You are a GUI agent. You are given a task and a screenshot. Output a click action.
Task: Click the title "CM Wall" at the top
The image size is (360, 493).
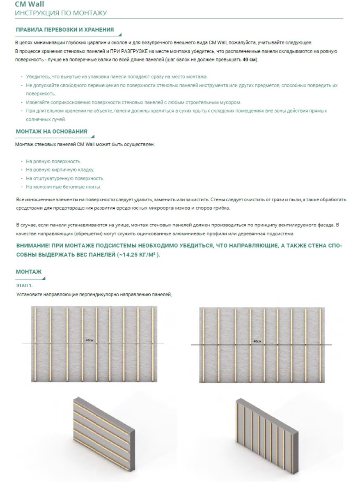(x=30, y=5)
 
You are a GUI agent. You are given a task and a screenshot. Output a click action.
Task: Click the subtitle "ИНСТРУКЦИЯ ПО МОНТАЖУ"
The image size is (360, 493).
(x=61, y=13)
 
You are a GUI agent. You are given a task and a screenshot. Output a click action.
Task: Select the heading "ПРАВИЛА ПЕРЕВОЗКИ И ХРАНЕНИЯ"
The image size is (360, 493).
(x=65, y=30)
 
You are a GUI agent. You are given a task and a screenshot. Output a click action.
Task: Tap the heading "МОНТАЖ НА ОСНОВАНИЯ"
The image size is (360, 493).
(x=51, y=131)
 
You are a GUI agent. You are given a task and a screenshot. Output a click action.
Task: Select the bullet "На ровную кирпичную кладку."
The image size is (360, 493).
(x=60, y=170)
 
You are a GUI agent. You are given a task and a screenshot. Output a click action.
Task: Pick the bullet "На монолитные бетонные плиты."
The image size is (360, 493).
(x=63, y=187)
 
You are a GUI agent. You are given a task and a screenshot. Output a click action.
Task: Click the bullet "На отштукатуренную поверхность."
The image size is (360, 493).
(x=65, y=178)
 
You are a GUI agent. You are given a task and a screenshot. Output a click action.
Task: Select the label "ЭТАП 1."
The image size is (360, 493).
(x=24, y=285)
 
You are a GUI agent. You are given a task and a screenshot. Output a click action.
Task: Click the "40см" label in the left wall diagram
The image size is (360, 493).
(x=89, y=341)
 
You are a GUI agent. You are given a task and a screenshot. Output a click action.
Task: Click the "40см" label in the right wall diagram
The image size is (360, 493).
(x=257, y=341)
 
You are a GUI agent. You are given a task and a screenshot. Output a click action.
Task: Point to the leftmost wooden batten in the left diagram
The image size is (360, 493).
(x=35, y=344)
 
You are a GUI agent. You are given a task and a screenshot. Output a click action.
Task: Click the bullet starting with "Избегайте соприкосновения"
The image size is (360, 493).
(x=133, y=102)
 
